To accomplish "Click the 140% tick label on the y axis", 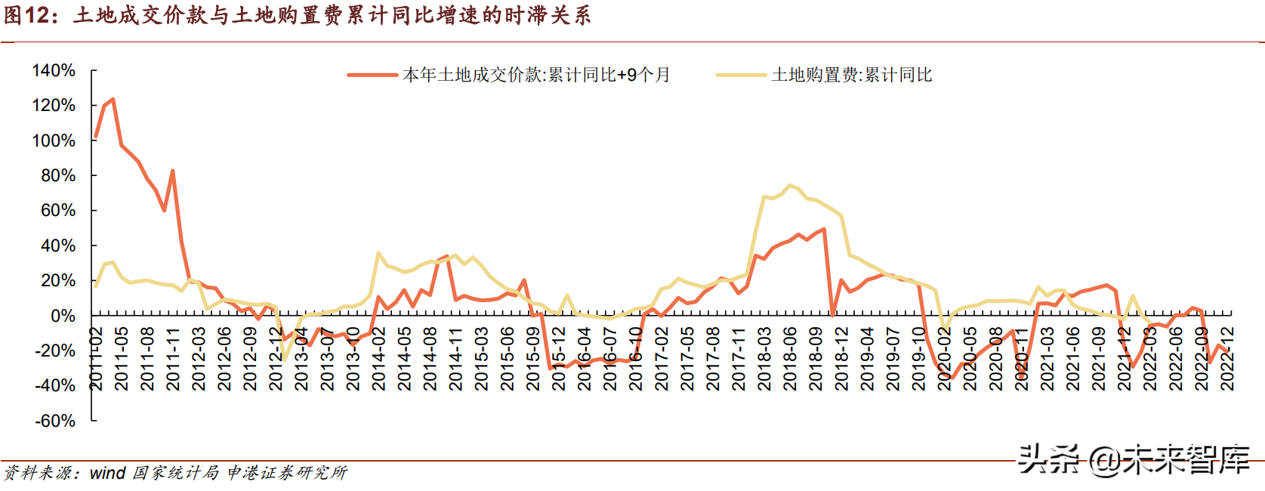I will tap(54, 71).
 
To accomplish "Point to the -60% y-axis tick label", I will tap(55, 421).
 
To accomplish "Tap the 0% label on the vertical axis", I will tap(63, 316).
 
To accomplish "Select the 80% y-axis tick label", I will tap(58, 175).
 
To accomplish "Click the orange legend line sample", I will tap(372, 75).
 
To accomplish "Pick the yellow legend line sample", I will tap(741, 75).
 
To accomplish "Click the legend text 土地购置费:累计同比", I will tap(852, 75).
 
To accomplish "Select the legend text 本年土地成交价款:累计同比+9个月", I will tap(536, 75).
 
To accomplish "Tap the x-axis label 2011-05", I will tap(122, 359).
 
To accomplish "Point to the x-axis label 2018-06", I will tap(790, 359).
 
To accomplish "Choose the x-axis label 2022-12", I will tap(1227, 359).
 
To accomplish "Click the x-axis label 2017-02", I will tap(662, 359).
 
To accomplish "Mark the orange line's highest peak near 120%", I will tap(113, 99).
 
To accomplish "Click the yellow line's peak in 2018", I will tap(789, 185).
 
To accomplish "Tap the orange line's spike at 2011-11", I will tap(173, 171).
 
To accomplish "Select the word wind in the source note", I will tap(107, 473).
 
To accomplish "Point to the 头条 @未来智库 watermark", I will tap(1134, 459).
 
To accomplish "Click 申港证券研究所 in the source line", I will tap(287, 473).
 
